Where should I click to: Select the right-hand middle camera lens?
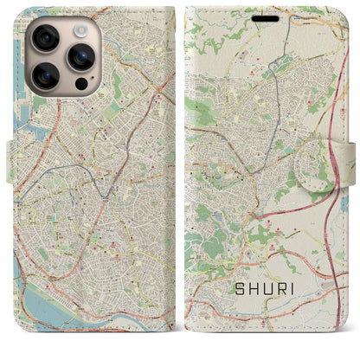pos(80,56)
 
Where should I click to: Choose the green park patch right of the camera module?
pos(117,82)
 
